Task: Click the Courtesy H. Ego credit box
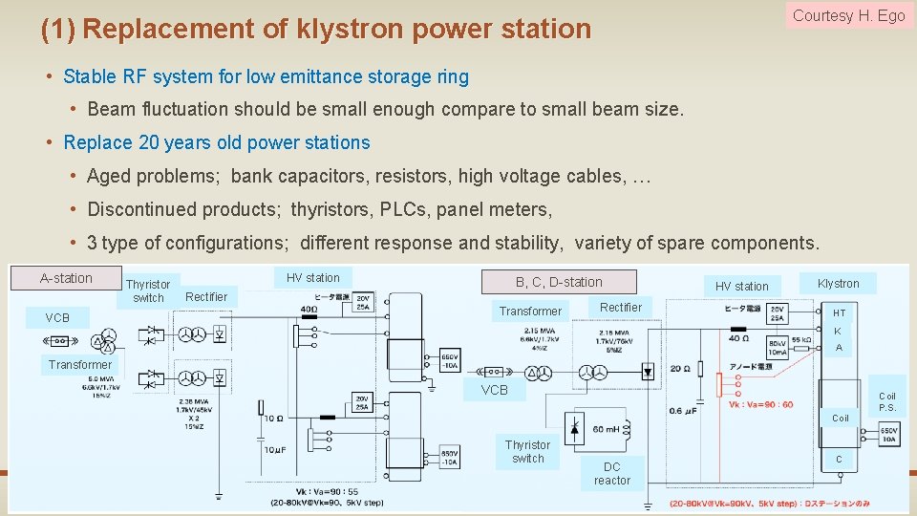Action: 848,15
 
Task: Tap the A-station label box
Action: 66,278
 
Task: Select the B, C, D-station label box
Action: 559,282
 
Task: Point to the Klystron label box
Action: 838,283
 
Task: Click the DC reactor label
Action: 611,473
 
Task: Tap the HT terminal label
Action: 839,312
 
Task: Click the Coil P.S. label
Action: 887,401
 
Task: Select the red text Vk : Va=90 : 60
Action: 760,404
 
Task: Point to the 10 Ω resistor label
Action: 274,418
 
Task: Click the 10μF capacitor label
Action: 274,450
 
